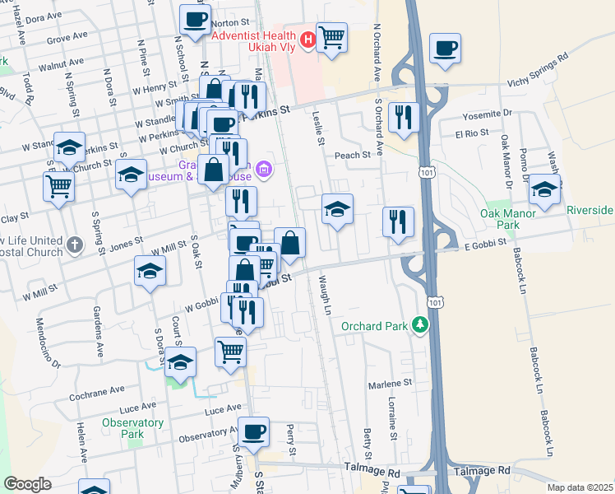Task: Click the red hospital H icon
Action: (308, 39)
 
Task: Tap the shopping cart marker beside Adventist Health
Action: (331, 37)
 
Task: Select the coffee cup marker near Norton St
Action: (194, 21)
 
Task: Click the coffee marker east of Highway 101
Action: (445, 49)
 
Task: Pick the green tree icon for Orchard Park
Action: (421, 326)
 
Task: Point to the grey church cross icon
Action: (75, 245)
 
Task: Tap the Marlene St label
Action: (390, 384)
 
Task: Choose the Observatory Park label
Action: (122, 428)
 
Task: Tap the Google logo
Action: (28, 484)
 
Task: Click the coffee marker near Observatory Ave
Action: (253, 431)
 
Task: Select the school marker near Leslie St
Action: (337, 209)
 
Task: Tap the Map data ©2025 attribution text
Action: (578, 487)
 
